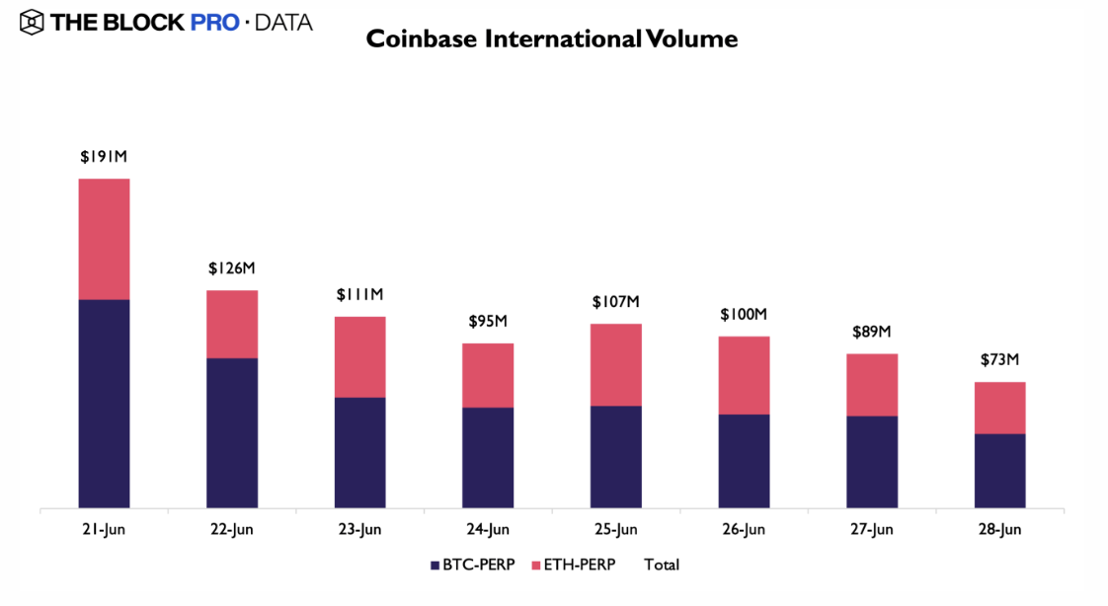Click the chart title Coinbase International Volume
tap(552, 39)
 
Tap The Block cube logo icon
tap(32, 21)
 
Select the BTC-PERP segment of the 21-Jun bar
tap(104, 404)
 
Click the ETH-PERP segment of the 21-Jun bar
tap(104, 239)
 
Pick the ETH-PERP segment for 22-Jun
tap(232, 324)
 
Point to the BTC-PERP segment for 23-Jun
tap(359, 453)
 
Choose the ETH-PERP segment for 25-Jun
tap(616, 364)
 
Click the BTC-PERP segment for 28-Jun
tap(999, 471)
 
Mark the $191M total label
tap(104, 157)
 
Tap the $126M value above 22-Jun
tap(232, 268)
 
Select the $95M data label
tap(487, 322)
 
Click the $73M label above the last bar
tap(999, 360)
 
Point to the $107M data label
tap(616, 302)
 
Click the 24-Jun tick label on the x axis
tap(487, 530)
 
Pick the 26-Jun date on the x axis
tap(744, 530)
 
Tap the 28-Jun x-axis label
tap(999, 530)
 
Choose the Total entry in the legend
tap(662, 566)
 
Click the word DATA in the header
tap(283, 22)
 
